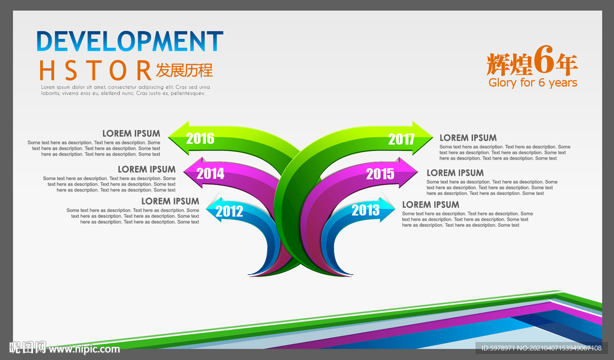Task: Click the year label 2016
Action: [200, 138]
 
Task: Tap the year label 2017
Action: [401, 139]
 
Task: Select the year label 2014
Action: [210, 173]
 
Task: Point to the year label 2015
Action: [380, 173]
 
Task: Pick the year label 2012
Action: [230, 211]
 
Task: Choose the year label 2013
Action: [366, 210]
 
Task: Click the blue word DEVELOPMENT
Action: [130, 41]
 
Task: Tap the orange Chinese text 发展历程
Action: [185, 71]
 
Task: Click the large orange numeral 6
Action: [544, 59]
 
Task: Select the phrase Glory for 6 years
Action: [533, 83]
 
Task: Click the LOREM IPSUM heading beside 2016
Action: [131, 134]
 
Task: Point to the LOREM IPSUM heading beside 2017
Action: [468, 138]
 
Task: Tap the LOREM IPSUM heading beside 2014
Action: [146, 169]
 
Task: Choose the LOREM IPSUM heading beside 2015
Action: [455, 173]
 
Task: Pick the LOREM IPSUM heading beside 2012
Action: [170, 202]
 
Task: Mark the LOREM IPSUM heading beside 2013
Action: [431, 205]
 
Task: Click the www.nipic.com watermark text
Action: [85, 349]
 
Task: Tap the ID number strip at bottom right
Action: [541, 348]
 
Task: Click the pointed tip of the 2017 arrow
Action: [433, 138]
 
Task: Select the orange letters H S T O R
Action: [95, 71]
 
